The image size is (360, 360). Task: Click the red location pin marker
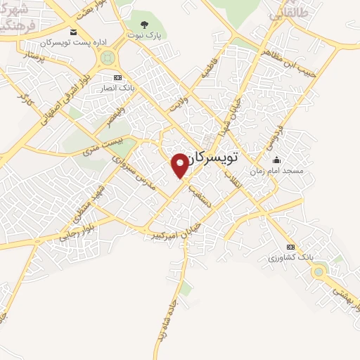point(181,165)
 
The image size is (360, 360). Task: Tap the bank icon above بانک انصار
point(118,77)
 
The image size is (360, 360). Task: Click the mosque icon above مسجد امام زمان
point(276,160)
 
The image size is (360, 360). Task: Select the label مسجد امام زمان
point(276,170)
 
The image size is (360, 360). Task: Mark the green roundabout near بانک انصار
point(108,58)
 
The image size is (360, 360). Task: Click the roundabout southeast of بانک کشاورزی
point(320,271)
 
